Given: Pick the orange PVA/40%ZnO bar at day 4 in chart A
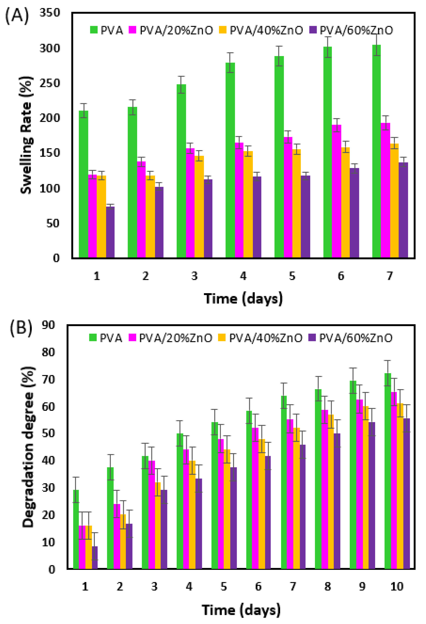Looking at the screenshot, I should click(248, 204).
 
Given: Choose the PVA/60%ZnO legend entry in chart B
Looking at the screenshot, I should click(350, 338).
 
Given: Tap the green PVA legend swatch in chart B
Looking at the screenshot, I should click(93, 338).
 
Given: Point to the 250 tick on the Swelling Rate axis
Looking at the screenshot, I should click(50, 83).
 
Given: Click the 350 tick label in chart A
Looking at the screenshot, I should click(50, 13).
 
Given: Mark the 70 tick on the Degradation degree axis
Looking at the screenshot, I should click(48, 379).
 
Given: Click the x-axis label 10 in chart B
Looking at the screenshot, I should click(397, 587).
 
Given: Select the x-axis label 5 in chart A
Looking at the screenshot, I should click(292, 276).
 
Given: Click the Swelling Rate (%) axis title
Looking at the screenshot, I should click(26, 135).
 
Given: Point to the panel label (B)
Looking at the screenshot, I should click(21, 328).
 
